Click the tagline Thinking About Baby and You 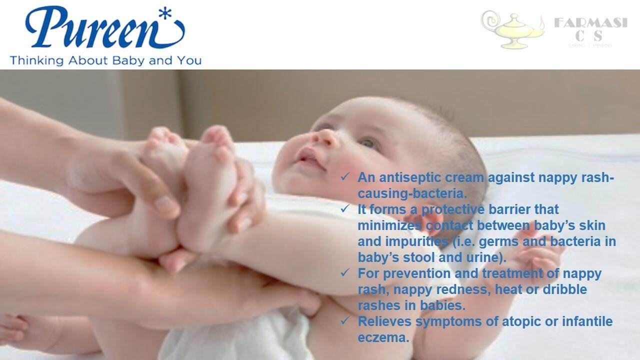tap(105, 60)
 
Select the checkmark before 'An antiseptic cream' tap(345, 177)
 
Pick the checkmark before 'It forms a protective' tap(345, 209)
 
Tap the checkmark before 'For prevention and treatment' tap(345, 273)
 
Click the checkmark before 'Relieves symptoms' tap(345, 321)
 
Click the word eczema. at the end tap(383, 337)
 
